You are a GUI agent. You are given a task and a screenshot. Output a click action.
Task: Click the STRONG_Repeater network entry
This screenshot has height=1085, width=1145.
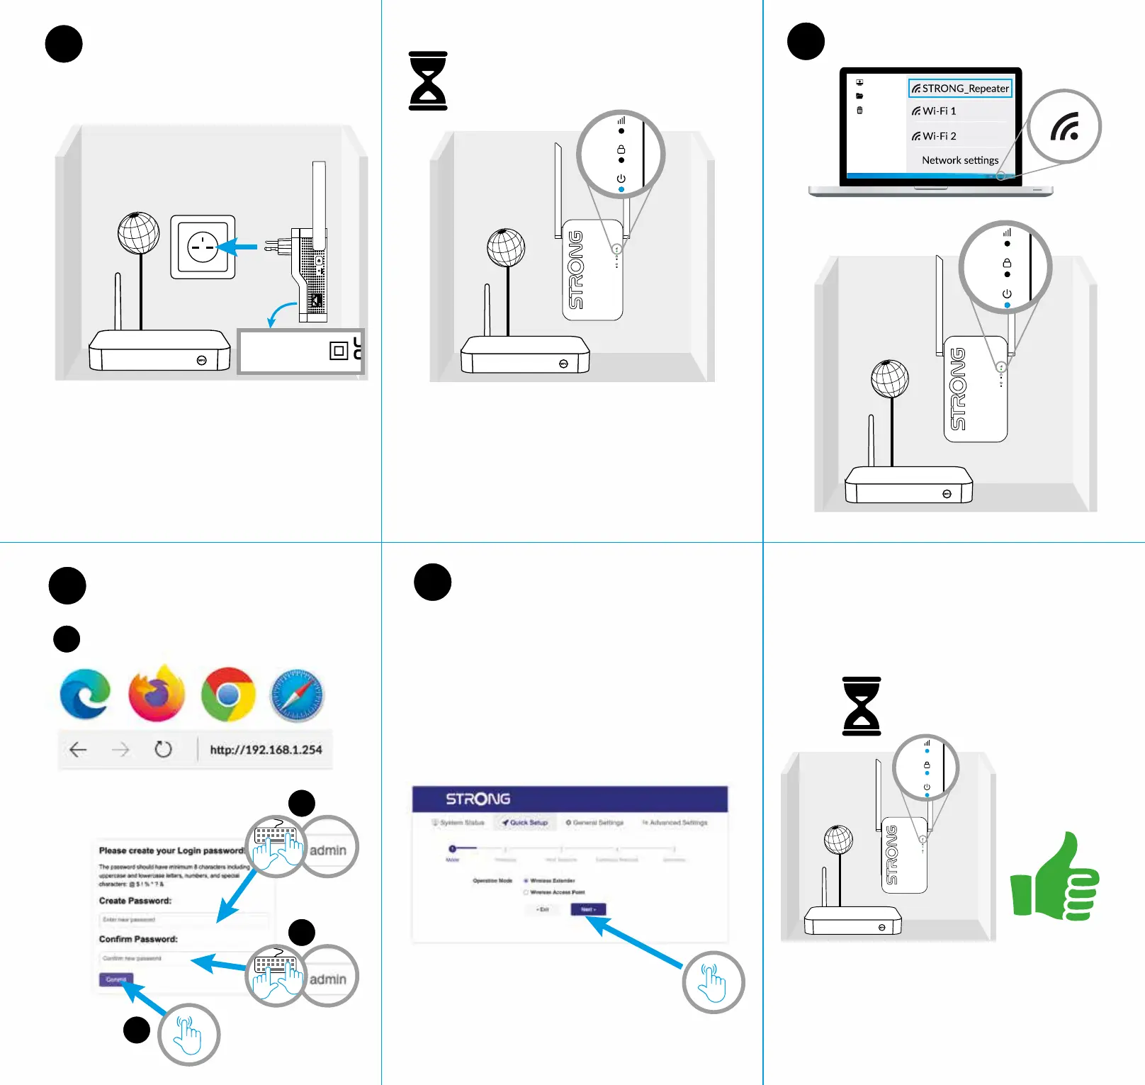click(960, 89)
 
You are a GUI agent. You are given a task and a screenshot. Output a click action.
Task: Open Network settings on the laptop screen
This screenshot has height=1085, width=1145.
click(960, 160)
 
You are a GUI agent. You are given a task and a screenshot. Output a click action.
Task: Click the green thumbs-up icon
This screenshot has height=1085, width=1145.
click(1055, 879)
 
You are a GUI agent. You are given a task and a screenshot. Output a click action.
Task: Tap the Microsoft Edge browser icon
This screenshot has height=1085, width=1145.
click(86, 694)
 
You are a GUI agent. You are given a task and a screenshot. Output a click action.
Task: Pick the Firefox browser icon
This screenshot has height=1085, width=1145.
click(157, 694)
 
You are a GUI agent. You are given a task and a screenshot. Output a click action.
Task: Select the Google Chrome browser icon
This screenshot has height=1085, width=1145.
click(228, 695)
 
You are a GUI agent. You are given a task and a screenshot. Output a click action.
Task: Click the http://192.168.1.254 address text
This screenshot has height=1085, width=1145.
click(266, 750)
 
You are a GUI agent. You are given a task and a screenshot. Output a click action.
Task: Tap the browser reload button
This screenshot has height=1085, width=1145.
click(163, 749)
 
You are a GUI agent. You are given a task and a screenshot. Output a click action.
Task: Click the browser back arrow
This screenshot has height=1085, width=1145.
click(78, 749)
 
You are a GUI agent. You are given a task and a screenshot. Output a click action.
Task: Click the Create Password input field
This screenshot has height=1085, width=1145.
click(183, 920)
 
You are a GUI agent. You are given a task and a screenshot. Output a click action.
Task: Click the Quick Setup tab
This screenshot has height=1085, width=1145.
click(525, 823)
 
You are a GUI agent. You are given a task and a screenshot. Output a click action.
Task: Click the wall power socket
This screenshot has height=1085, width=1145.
click(203, 247)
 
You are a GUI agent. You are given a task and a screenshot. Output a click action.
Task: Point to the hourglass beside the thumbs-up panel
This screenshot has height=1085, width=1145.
click(862, 706)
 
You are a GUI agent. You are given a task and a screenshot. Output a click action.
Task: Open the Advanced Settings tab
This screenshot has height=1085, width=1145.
click(675, 823)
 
